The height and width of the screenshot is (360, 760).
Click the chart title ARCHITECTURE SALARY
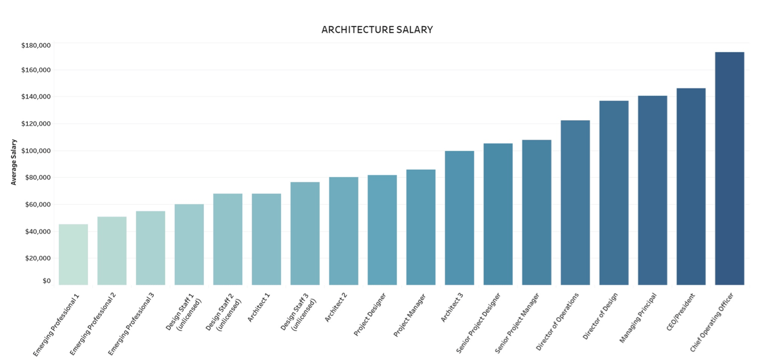click(377, 30)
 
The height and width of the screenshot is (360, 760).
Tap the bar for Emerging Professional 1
click(73, 255)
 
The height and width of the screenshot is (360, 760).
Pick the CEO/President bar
click(691, 186)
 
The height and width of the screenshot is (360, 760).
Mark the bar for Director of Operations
click(575, 203)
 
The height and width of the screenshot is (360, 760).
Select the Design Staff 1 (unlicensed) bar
click(189, 245)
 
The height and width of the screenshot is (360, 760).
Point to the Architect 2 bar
click(344, 231)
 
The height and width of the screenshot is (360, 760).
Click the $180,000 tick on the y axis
click(36, 45)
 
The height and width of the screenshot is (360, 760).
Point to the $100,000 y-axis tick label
click(36, 151)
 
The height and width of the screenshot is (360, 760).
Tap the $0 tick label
click(46, 281)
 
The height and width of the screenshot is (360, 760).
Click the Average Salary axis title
click(14, 162)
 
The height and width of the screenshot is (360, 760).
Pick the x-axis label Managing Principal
click(638, 318)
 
